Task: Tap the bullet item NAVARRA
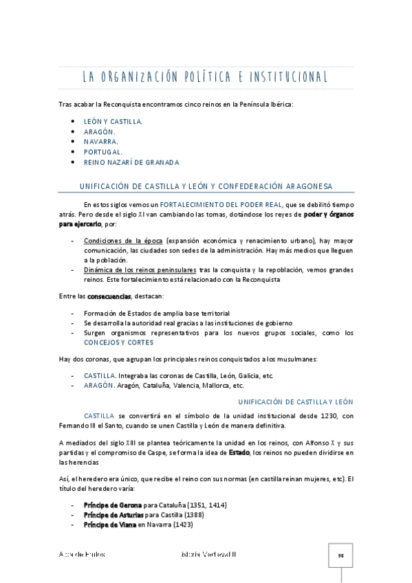tap(101, 142)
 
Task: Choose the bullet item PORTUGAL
tap(103, 152)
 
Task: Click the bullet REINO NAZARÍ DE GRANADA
tap(131, 162)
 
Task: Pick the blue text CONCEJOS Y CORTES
tap(119, 342)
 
